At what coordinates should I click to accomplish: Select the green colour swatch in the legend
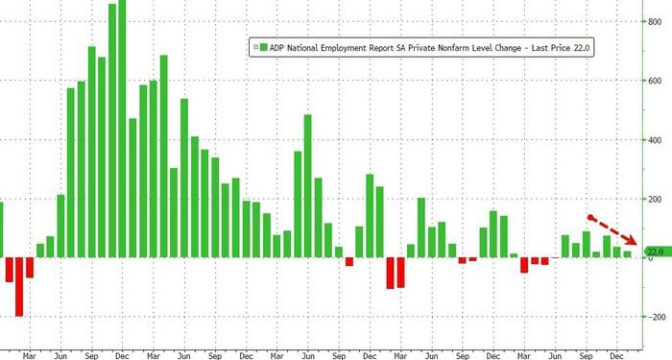[x=262, y=45]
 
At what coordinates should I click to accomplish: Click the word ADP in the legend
[x=279, y=45]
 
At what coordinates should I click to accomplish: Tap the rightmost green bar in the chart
[x=628, y=254]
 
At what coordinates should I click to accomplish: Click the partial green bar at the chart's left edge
[x=2, y=229]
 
